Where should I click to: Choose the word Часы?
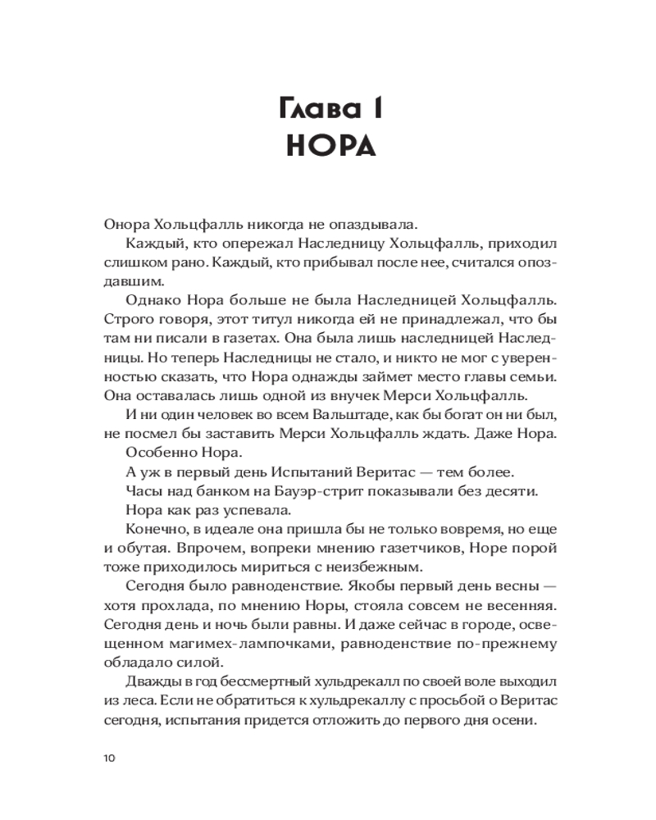[x=145, y=492]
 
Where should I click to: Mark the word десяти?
[x=509, y=492]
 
